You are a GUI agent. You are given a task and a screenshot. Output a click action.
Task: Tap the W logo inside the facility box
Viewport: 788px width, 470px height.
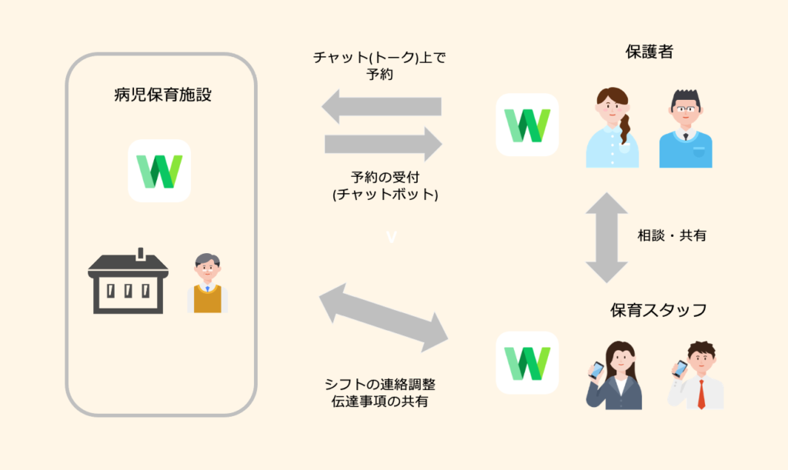tap(159, 171)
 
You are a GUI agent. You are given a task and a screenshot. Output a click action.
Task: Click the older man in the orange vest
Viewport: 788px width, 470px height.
tap(207, 284)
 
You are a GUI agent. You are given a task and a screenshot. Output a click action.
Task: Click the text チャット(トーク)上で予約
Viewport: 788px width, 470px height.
tap(380, 66)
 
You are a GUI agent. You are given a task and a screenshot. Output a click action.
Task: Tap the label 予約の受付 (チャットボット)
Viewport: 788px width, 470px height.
tap(383, 186)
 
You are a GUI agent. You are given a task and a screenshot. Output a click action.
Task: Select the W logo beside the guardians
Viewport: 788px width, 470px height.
tap(527, 125)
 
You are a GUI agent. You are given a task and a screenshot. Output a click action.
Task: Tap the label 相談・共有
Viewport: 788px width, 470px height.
tap(672, 236)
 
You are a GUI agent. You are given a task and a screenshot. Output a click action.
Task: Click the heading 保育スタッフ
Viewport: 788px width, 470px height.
tap(659, 311)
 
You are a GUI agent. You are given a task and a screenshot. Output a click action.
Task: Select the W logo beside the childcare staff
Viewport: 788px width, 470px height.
tap(527, 362)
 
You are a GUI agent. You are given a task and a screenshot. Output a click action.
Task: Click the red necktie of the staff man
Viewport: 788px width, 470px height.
tap(701, 394)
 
